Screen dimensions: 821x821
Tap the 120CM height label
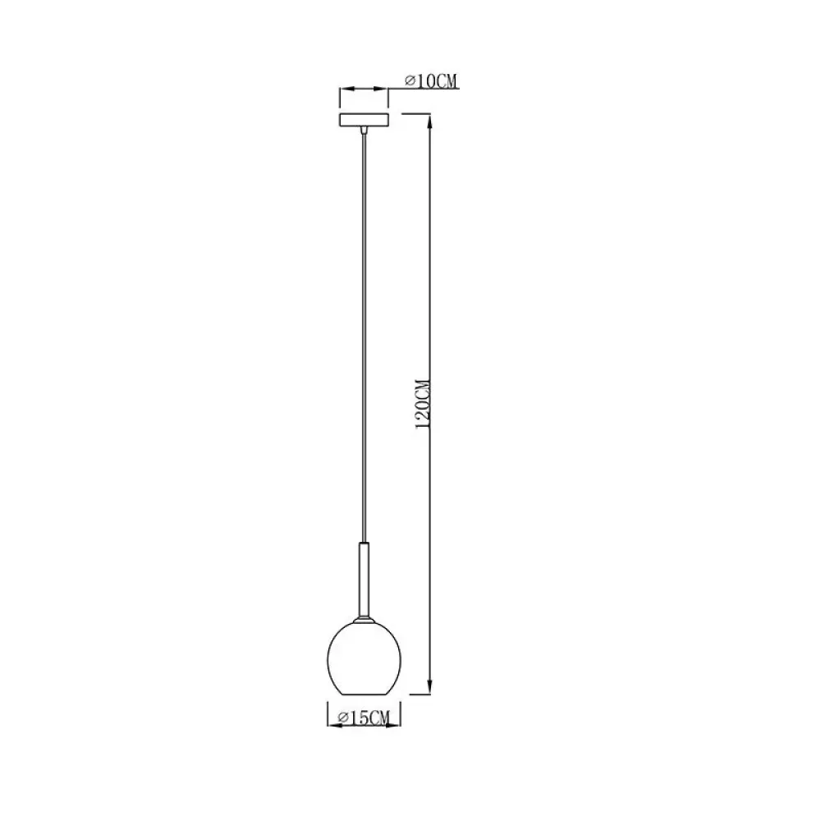tap(423, 405)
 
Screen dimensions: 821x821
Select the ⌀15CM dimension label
tap(364, 718)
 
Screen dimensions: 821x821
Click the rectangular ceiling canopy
tap(364, 120)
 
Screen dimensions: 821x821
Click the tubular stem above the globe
tap(364, 580)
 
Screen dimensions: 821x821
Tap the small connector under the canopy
tap(364, 131)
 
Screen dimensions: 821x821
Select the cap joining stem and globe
tap(364, 620)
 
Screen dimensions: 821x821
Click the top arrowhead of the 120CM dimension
tap(430, 121)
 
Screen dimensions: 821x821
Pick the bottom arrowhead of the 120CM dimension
tap(430, 687)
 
